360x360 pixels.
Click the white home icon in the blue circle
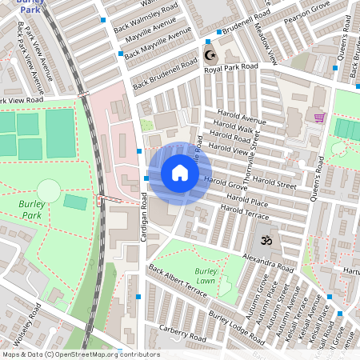180,173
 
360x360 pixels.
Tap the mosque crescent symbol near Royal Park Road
210,56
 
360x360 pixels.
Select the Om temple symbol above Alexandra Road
263,239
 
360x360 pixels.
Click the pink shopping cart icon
319,118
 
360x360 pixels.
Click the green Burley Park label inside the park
31,209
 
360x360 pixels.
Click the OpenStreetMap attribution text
81,354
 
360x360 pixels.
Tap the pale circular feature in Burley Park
49,190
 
